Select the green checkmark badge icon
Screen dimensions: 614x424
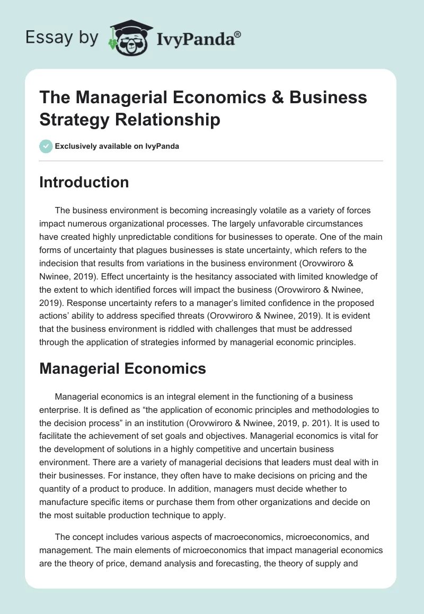click(46, 146)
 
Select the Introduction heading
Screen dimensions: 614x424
click(84, 182)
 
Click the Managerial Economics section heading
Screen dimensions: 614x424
click(122, 368)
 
